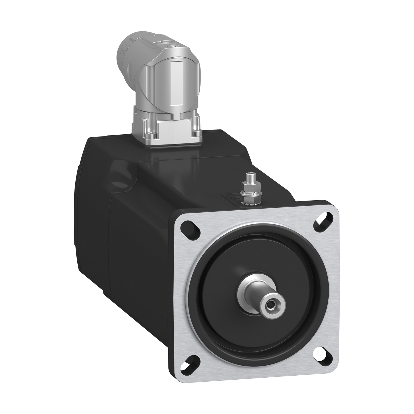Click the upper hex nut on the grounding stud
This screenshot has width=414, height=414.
(x=246, y=189)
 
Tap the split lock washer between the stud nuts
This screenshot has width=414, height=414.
(x=247, y=195)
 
